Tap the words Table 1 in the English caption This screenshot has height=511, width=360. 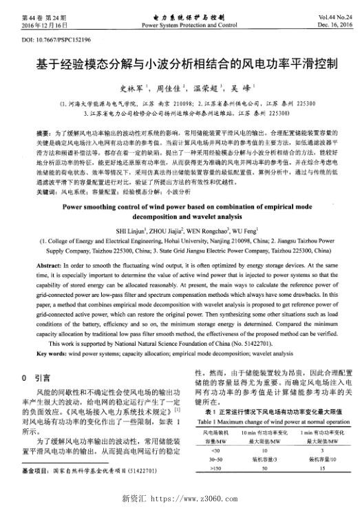click(207, 417)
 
